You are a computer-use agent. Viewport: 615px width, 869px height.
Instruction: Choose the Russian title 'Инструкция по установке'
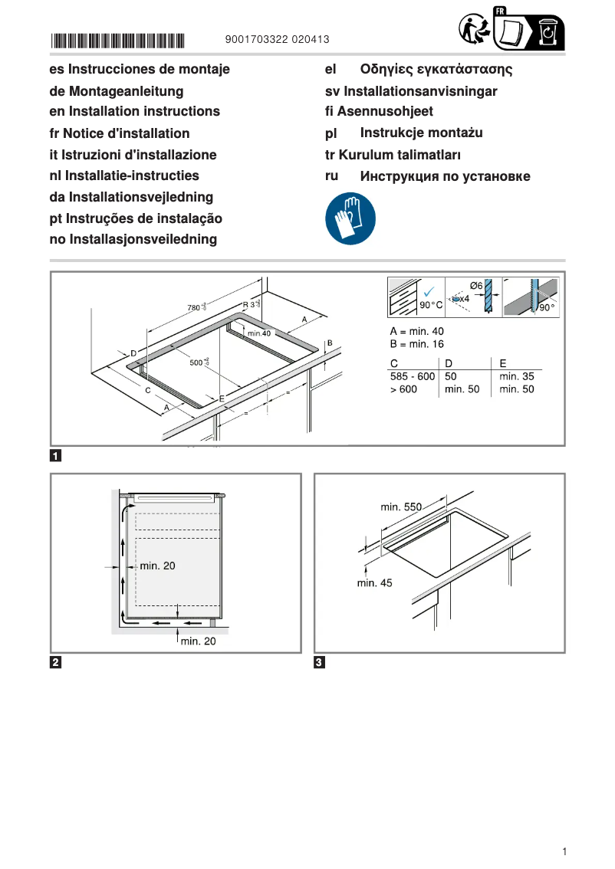445,176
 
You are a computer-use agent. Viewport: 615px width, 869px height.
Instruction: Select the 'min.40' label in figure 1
260,333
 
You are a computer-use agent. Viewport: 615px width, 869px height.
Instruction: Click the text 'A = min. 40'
417,331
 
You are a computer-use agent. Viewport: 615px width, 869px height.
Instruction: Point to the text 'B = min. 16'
417,344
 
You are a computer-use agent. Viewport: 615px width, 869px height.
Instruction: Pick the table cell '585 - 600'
413,376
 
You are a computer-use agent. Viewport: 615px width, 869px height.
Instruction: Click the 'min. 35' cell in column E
516,376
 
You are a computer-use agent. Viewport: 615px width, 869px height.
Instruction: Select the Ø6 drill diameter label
475,286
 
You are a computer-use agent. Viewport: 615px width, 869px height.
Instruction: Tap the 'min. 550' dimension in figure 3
401,507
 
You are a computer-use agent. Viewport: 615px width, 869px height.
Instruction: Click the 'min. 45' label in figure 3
374,583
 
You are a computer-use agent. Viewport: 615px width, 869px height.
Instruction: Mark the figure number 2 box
56,662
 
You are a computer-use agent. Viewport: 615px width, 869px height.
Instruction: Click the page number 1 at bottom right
564,851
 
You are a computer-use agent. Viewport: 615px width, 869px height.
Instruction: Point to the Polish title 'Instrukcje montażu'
421,133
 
